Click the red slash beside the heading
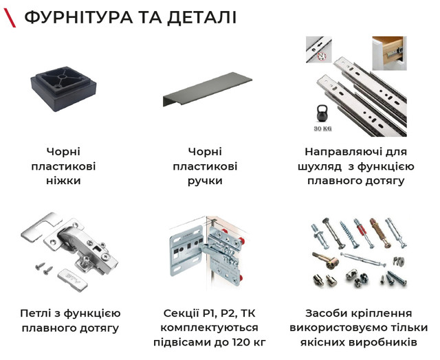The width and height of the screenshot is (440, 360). [x=10, y=18]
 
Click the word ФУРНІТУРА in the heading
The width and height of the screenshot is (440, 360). [x=78, y=17]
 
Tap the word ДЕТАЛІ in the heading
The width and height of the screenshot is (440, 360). [x=201, y=18]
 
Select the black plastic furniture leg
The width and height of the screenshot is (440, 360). [x=64, y=89]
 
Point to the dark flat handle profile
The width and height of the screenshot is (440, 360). [x=207, y=89]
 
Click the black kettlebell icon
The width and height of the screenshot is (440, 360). [x=322, y=113]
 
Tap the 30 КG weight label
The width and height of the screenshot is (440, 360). [x=322, y=128]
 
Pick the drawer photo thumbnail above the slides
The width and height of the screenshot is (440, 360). [x=389, y=54]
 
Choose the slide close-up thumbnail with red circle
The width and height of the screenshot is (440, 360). [x=319, y=49]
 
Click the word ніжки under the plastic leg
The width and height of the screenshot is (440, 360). [x=63, y=180]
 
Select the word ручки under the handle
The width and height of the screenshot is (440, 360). [x=205, y=181]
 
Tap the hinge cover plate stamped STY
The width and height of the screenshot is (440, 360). [x=73, y=281]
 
